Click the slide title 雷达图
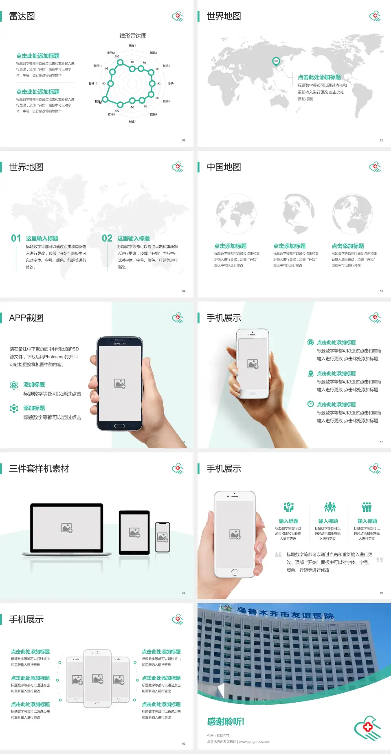[22, 16]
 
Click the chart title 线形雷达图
[133, 36]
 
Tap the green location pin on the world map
[276, 62]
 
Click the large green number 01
[16, 238]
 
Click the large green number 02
[107, 238]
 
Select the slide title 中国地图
[224, 167]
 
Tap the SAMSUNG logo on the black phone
[120, 344]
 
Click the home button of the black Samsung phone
[119, 426]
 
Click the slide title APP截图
[26, 318]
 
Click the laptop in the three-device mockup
[67, 529]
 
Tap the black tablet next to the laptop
[134, 532]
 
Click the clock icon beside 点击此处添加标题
[310, 404]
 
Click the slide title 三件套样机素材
[39, 469]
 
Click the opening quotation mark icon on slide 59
[278, 555]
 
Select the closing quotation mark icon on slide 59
[380, 560]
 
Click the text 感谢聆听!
[226, 722]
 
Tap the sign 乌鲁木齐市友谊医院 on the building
[285, 613]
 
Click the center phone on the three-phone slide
[97, 678]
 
